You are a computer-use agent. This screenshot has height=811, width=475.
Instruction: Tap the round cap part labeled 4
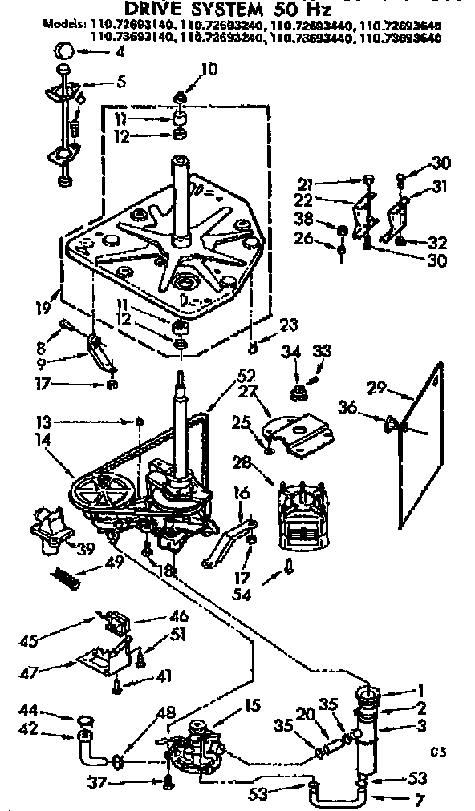(65, 53)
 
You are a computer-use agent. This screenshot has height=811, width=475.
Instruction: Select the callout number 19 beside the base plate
(43, 305)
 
